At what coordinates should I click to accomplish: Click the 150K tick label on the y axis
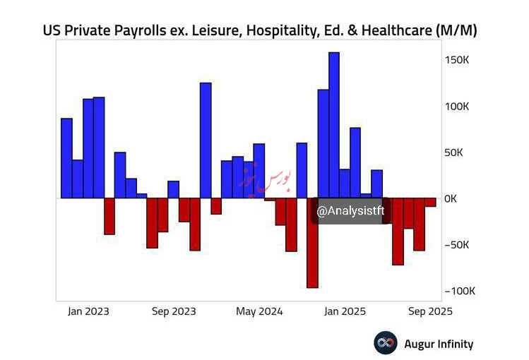click(456, 60)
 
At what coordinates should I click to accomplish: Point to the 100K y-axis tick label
click(456, 107)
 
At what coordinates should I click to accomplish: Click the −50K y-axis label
click(457, 245)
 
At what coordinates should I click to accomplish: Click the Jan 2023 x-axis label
click(89, 311)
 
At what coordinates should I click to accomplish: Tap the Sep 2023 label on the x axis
click(174, 311)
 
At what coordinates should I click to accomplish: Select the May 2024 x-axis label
click(259, 311)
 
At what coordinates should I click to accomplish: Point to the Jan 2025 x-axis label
click(345, 311)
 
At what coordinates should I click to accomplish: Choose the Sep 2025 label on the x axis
click(429, 311)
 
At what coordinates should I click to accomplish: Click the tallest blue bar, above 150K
click(334, 125)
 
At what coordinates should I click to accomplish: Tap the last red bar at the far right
click(430, 202)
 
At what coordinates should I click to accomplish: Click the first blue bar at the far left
click(66, 157)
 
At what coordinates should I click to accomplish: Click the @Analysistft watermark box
click(350, 211)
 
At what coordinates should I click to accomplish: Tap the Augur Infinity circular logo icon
click(386, 344)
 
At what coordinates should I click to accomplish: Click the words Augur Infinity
click(438, 344)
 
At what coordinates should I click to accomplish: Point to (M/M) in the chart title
click(458, 31)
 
